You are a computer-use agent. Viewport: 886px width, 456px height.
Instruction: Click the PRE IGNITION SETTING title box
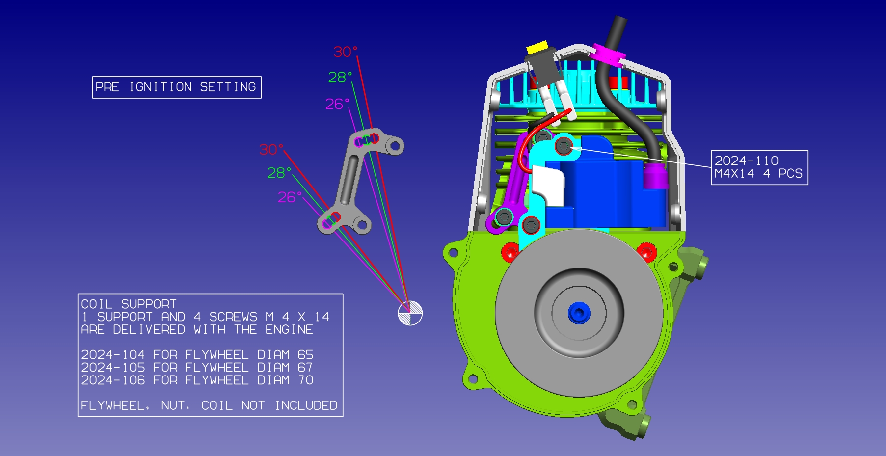[x=177, y=87]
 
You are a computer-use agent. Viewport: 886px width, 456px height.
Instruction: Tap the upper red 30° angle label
[x=346, y=52]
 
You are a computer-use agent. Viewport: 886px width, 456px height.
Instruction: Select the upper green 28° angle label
[x=340, y=77]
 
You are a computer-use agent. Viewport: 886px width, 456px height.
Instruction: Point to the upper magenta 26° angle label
[x=337, y=104]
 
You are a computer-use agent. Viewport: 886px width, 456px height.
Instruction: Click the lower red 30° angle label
[x=271, y=149]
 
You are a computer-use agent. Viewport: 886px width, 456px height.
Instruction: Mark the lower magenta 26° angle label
[x=290, y=197]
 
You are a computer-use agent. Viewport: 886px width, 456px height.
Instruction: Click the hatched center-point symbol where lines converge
[x=410, y=313]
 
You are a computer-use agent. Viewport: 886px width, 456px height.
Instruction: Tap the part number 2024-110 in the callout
[x=746, y=161]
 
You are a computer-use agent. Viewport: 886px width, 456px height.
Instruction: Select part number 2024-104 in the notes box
[x=113, y=355]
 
